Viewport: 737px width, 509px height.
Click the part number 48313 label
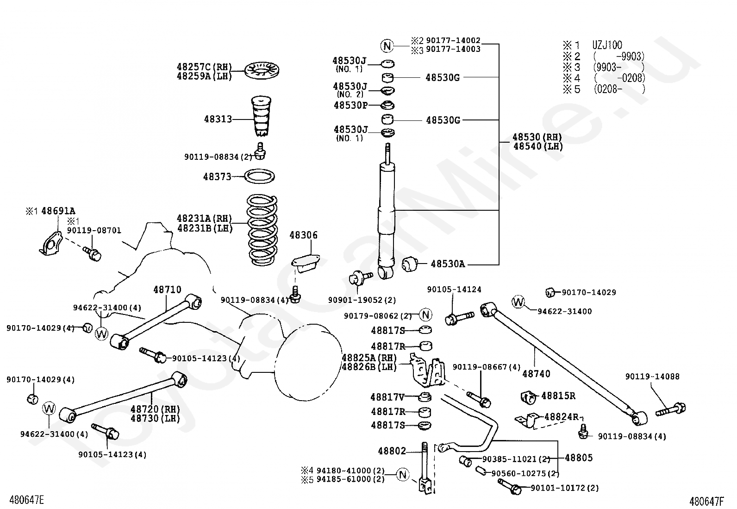coord(218,119)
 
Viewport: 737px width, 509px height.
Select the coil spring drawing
coord(262,230)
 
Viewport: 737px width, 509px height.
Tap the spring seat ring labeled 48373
coord(260,176)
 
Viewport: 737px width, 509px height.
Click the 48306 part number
coord(303,235)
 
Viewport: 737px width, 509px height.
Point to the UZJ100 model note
coord(607,45)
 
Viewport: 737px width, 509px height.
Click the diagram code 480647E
coord(26,500)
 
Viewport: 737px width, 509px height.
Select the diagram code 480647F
coord(707,502)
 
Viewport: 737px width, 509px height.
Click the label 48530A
coord(448,264)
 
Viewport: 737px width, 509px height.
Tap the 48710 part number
coord(167,290)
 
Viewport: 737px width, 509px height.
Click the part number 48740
coord(536,374)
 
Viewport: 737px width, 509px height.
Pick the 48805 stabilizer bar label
coord(579,458)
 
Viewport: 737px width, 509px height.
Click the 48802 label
coord(392,451)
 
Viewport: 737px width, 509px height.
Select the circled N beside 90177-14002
coord(387,46)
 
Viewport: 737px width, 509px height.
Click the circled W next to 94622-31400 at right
coord(518,302)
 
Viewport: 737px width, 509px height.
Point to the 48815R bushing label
coord(558,396)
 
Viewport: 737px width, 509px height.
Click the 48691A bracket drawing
coord(50,244)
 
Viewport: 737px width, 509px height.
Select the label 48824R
coord(561,417)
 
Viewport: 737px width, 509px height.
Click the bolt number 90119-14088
coord(652,377)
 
